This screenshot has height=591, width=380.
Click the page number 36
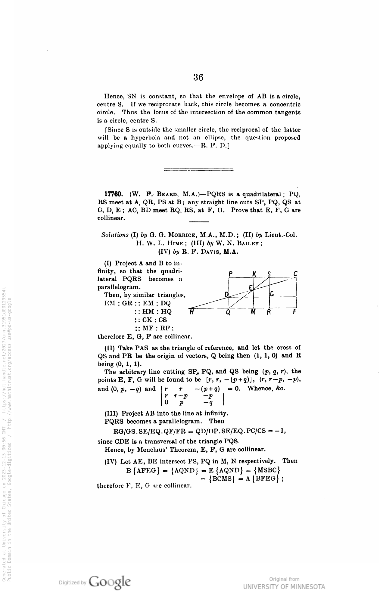point(198,77)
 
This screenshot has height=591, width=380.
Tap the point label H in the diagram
point(191,312)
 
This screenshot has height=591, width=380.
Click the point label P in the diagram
point(230,274)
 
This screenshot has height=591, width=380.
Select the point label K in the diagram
point(254,274)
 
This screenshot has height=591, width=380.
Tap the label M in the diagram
point(253,312)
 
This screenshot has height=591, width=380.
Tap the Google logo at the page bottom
point(110,580)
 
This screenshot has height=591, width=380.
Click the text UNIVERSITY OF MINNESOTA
point(284,587)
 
